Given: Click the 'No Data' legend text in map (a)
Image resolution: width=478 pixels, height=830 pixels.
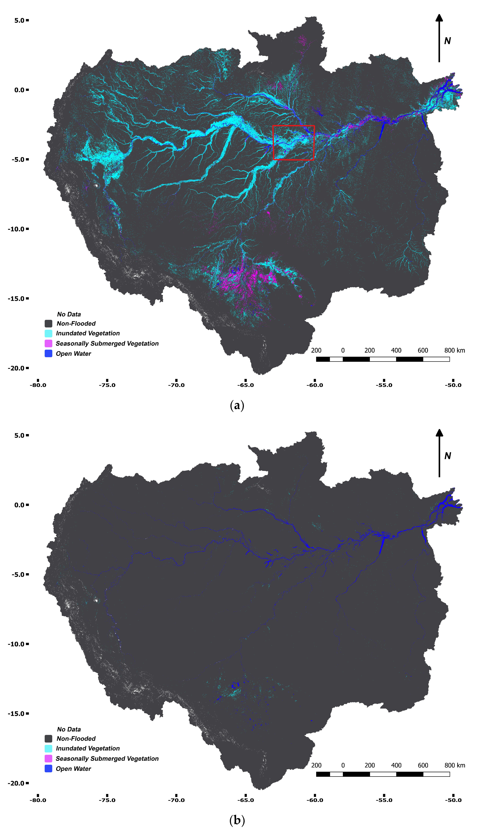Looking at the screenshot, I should [69, 314].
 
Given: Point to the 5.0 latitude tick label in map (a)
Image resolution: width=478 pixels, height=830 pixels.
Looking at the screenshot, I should [19, 20].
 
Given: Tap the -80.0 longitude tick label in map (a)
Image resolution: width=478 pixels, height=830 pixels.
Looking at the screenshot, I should [38, 385].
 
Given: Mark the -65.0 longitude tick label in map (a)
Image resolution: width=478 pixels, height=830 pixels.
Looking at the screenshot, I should [246, 385].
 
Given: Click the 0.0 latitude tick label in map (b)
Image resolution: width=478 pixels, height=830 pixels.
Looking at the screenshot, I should [19, 505].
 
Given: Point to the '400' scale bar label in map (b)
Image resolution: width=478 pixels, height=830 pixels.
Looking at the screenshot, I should [396, 765].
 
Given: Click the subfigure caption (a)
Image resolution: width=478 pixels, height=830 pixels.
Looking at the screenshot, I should [237, 406].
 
